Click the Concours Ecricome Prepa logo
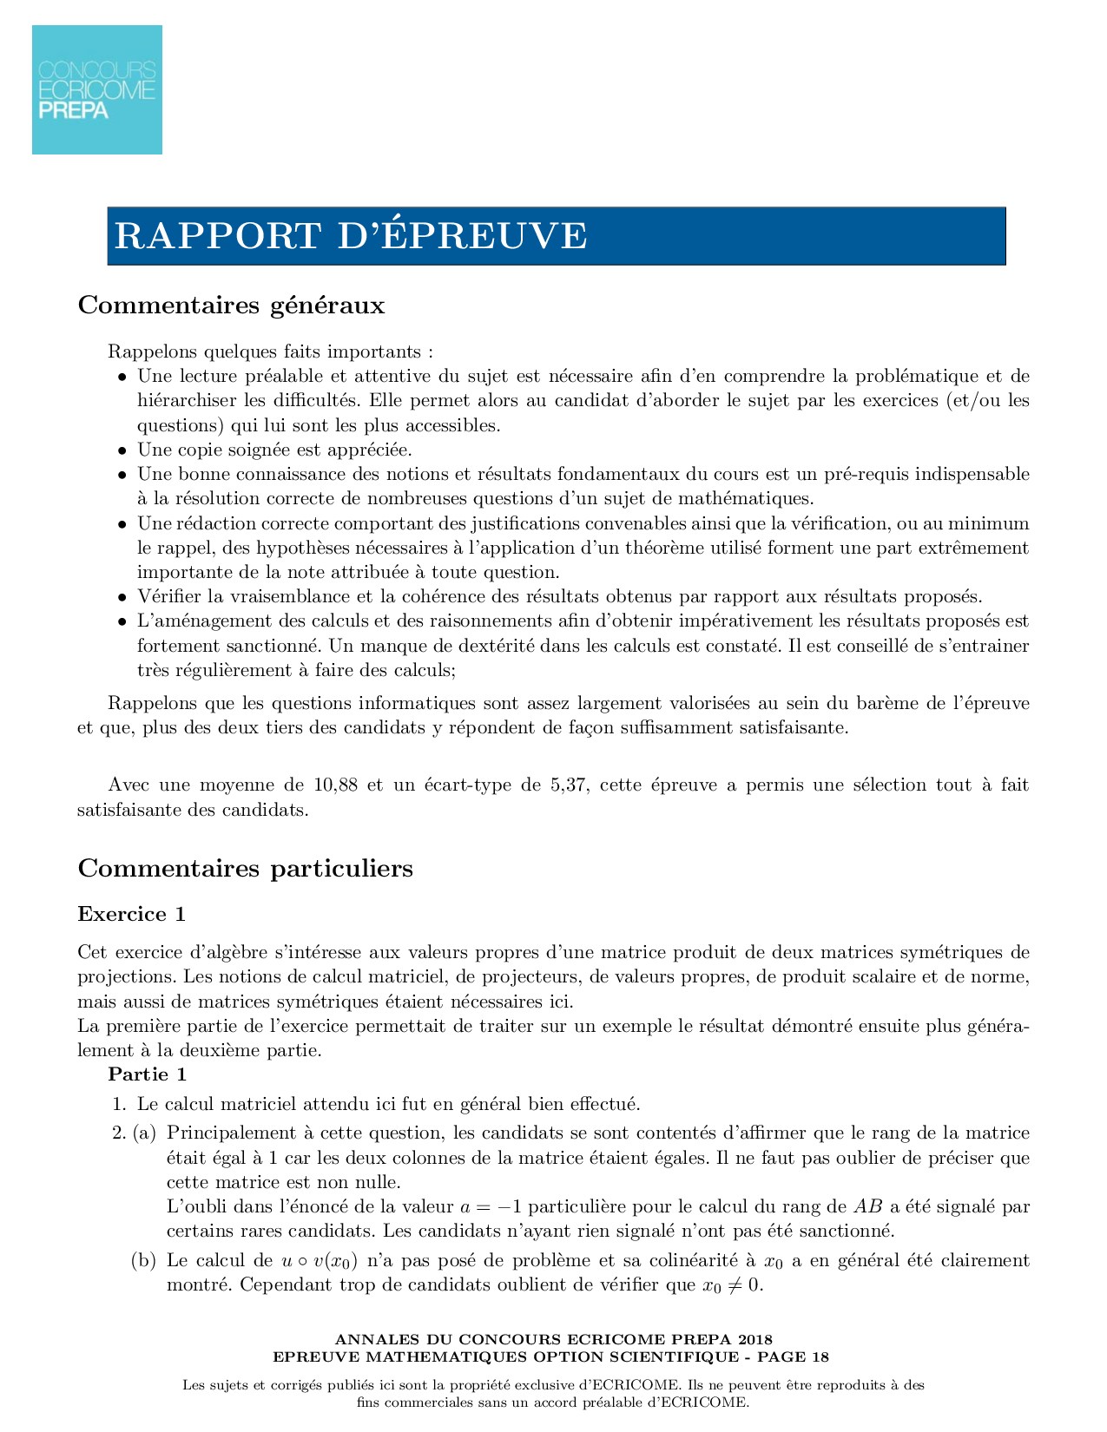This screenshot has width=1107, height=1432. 97,89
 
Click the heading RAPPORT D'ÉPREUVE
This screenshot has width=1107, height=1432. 351,236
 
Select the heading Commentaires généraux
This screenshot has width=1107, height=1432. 231,305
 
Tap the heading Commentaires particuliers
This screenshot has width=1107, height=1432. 245,869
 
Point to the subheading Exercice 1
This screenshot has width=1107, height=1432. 131,914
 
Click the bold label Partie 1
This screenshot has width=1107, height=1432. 147,1074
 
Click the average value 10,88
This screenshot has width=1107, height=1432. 334,785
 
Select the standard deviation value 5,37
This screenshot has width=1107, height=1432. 568,785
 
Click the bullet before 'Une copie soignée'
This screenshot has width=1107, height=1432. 122,451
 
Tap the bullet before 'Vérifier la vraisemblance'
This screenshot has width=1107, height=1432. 122,598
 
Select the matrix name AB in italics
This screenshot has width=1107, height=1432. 867,1206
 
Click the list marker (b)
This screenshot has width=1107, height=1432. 143,1261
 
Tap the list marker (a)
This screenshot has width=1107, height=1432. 144,1133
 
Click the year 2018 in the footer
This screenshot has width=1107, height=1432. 754,1339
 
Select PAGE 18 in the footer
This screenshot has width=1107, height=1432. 794,1356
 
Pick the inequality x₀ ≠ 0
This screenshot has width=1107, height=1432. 731,1285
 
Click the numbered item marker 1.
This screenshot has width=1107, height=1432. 119,1105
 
